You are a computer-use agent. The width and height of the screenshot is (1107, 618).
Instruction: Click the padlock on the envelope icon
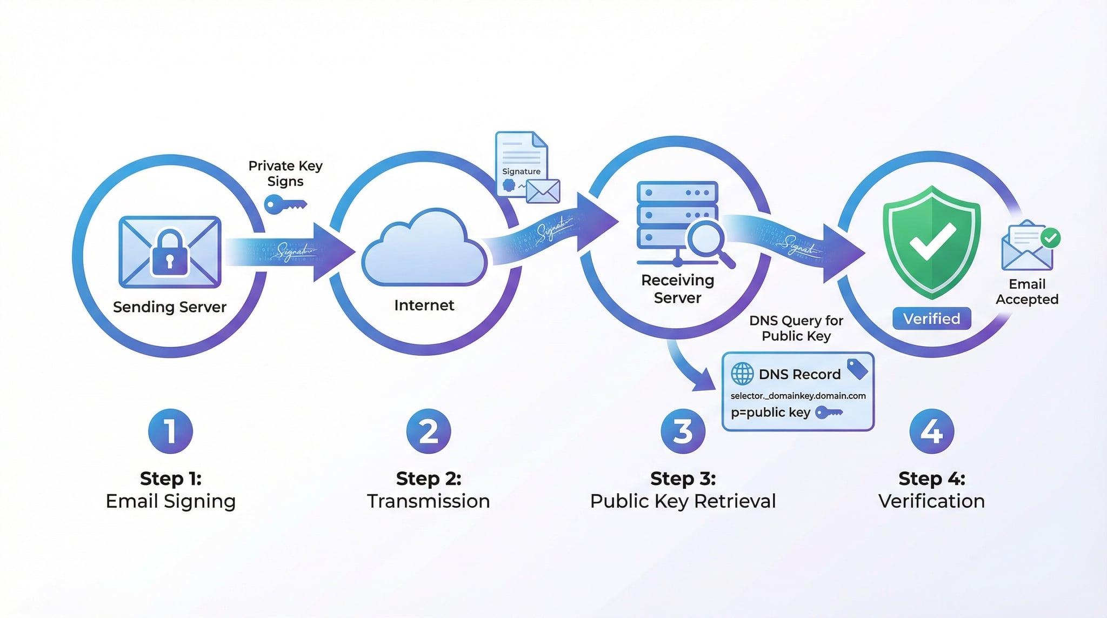coord(170,253)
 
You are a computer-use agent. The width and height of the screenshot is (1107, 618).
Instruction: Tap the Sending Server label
coord(170,307)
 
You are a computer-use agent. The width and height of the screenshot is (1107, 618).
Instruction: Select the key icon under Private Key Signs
coord(285,205)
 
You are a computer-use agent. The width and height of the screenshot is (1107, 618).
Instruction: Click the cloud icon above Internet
coord(424,249)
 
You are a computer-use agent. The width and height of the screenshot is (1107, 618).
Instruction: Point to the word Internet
coord(424,305)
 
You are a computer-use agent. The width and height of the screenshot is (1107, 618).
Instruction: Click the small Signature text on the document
coord(521,171)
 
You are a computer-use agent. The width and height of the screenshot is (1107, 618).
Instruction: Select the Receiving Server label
coord(677,289)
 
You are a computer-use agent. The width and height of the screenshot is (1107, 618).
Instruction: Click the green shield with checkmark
coord(931,242)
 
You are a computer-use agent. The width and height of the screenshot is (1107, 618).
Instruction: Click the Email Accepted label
coord(1027,291)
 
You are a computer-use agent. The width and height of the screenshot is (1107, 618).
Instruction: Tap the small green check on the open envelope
coord(1050,237)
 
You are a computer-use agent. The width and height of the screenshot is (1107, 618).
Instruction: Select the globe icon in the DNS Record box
coord(742,374)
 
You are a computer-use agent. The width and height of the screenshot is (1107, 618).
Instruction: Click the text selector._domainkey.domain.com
coord(798,396)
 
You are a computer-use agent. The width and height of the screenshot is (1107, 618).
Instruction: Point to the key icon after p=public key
coord(829,413)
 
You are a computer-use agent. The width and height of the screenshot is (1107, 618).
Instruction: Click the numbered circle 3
coord(683,431)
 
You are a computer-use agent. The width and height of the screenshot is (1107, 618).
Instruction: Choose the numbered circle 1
coord(170,431)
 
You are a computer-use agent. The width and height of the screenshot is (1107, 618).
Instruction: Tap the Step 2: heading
coord(429,479)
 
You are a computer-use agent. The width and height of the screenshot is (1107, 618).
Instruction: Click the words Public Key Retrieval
coord(683,501)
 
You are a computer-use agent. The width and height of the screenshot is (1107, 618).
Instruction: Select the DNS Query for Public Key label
coord(796,328)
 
